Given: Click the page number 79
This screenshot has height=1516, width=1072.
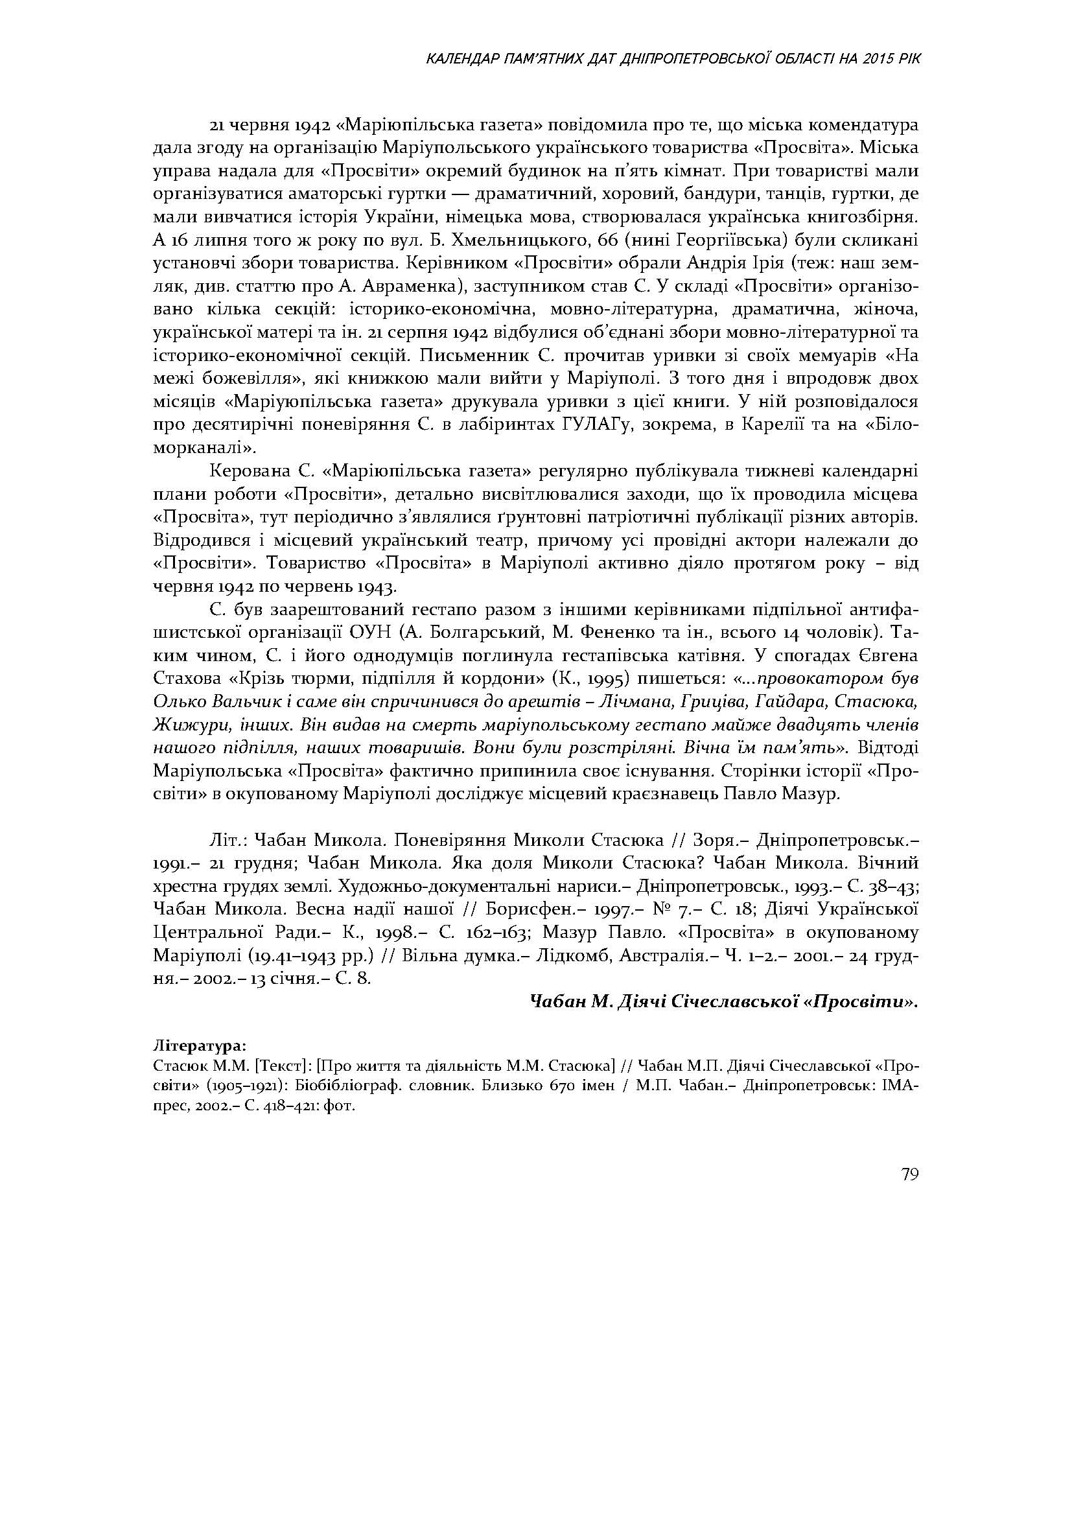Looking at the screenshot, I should click(909, 1175).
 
